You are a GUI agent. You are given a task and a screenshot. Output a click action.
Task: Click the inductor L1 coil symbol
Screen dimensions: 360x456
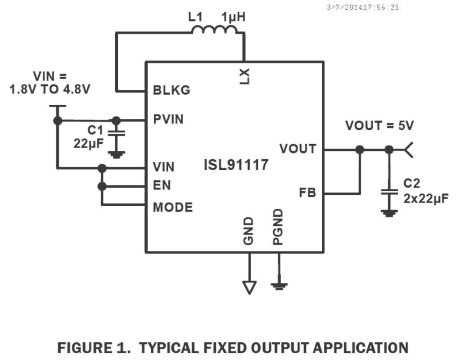click(x=215, y=30)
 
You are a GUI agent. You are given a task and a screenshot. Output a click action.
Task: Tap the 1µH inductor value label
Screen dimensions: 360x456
click(x=233, y=17)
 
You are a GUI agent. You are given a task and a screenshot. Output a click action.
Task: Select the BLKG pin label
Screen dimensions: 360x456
click(x=171, y=90)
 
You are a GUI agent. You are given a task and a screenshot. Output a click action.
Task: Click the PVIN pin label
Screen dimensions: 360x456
click(x=168, y=119)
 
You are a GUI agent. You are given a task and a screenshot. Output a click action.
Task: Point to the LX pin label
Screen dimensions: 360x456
click(x=245, y=76)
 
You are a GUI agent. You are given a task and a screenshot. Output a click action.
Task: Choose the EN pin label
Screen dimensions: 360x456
click(x=162, y=185)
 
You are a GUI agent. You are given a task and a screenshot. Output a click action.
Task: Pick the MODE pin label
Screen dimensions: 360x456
click(x=173, y=207)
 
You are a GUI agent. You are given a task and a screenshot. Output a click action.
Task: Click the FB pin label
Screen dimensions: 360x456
click(x=307, y=193)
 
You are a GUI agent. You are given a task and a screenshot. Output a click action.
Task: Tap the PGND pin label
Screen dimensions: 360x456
click(x=278, y=227)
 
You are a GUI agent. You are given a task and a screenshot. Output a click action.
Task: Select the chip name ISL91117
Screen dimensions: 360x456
click(x=236, y=165)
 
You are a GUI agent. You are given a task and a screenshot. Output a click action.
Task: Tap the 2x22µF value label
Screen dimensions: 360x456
click(x=426, y=199)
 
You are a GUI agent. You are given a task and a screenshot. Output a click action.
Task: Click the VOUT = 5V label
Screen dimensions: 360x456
click(x=379, y=126)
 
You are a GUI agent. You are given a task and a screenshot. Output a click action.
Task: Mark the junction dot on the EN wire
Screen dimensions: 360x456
click(x=102, y=186)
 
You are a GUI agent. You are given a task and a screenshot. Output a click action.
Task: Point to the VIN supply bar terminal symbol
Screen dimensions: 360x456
click(x=57, y=106)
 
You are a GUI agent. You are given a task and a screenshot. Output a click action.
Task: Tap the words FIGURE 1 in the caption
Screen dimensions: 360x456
click(x=94, y=348)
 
